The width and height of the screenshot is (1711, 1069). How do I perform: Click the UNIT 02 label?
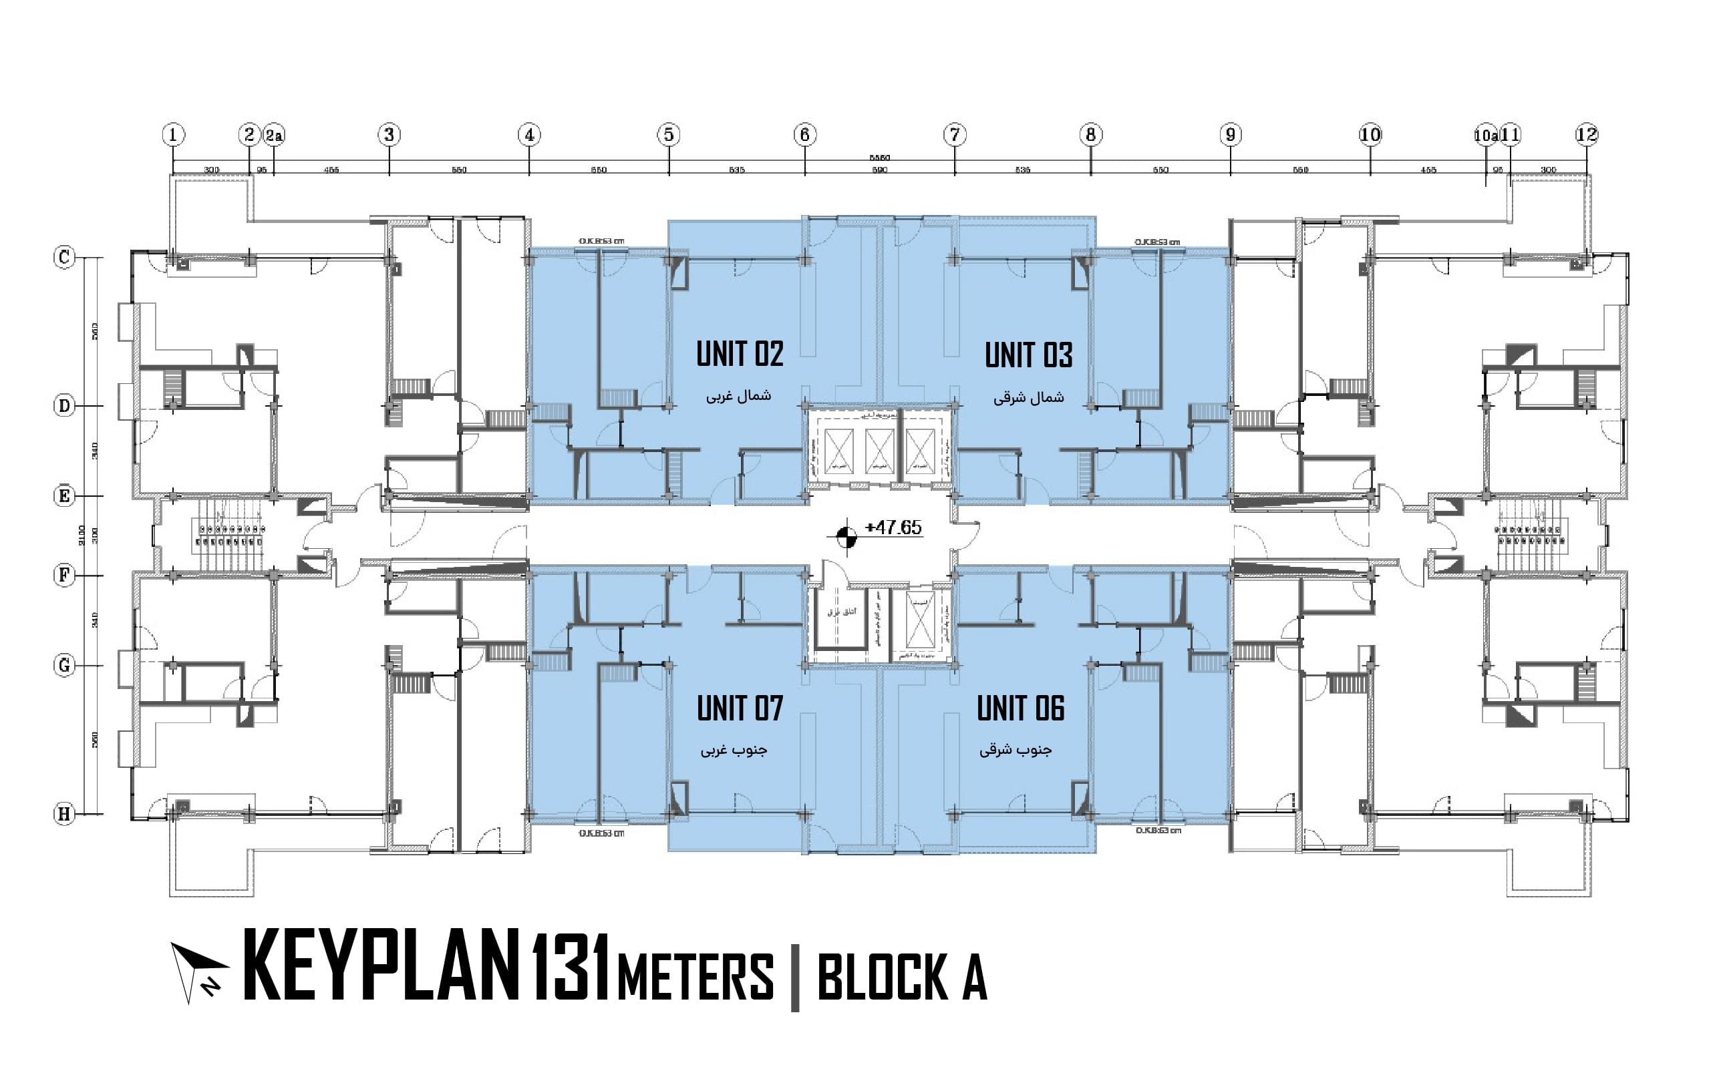coord(739,354)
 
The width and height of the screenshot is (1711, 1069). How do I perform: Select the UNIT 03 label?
coord(1028,356)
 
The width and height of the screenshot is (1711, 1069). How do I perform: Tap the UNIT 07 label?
coord(739,708)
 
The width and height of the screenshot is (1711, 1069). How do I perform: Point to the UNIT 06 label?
coord(1020,708)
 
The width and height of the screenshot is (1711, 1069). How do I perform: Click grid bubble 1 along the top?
coord(173,134)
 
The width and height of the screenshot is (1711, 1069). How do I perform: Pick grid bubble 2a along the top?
coord(275,134)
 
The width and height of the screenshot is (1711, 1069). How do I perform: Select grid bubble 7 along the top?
coord(954,134)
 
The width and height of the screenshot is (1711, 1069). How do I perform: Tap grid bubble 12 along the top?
coord(1587,134)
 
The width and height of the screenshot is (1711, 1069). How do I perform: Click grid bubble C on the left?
coord(64,256)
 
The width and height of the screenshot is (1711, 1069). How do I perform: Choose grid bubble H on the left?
coord(64,814)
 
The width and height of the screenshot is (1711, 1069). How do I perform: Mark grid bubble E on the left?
coord(64,495)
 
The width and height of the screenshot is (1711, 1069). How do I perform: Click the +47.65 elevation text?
coord(893,527)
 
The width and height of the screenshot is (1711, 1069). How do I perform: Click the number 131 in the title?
coord(570,968)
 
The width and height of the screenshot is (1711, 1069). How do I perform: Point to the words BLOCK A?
coord(902,976)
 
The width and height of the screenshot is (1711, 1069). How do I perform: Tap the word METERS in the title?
coord(695,976)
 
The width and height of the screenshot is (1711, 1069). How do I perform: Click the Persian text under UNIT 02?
coord(738,396)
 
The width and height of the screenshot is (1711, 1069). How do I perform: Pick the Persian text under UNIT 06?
coord(1016,750)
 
